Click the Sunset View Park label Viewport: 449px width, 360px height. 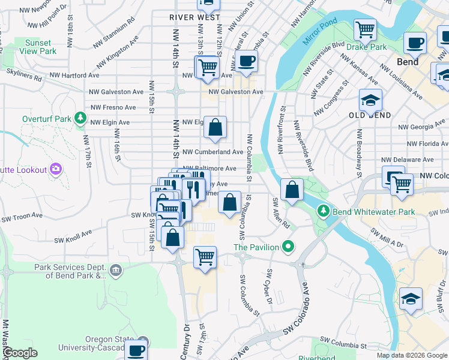tap(40, 47)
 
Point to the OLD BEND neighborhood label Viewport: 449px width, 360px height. tap(370, 115)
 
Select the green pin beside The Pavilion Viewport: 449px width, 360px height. tap(288, 247)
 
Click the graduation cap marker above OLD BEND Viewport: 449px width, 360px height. tap(370, 100)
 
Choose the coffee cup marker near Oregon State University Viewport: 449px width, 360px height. tap(136, 349)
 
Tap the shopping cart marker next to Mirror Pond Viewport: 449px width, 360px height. tap(365, 29)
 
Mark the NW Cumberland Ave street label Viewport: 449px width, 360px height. tap(212, 152)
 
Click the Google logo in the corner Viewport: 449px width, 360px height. tap(20, 353)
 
